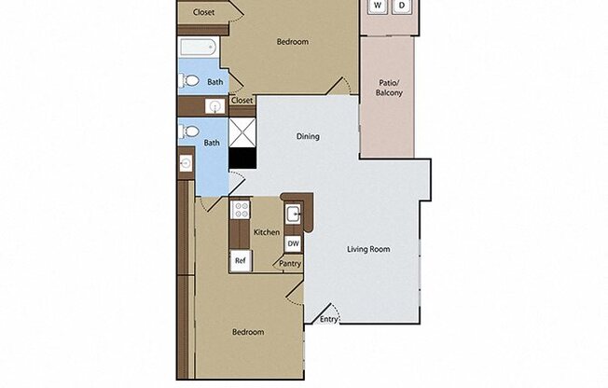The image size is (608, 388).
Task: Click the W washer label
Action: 378,6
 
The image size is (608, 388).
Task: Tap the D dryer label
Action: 402,6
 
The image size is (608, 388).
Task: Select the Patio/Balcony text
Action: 388,87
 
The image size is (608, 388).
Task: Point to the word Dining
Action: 308,136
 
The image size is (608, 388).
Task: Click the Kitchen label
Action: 267,232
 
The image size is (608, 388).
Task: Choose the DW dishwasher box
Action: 293,243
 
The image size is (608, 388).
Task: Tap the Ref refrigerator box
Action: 240,261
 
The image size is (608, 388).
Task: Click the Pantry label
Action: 290,264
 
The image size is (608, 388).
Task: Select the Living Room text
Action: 368,249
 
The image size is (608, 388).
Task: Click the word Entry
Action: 329,320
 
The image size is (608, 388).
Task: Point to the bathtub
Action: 198,48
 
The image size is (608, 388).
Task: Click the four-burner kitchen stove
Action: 240,210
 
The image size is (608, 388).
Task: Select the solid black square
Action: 242,159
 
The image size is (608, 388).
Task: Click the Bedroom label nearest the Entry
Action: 247,332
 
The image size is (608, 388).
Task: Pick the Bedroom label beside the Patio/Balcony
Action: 293,41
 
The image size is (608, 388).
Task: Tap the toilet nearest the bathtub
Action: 191,82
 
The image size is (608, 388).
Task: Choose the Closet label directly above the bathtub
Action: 203,12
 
